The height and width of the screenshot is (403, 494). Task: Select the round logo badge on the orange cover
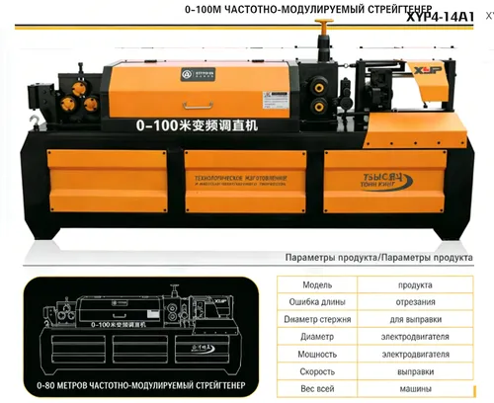[186, 74]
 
